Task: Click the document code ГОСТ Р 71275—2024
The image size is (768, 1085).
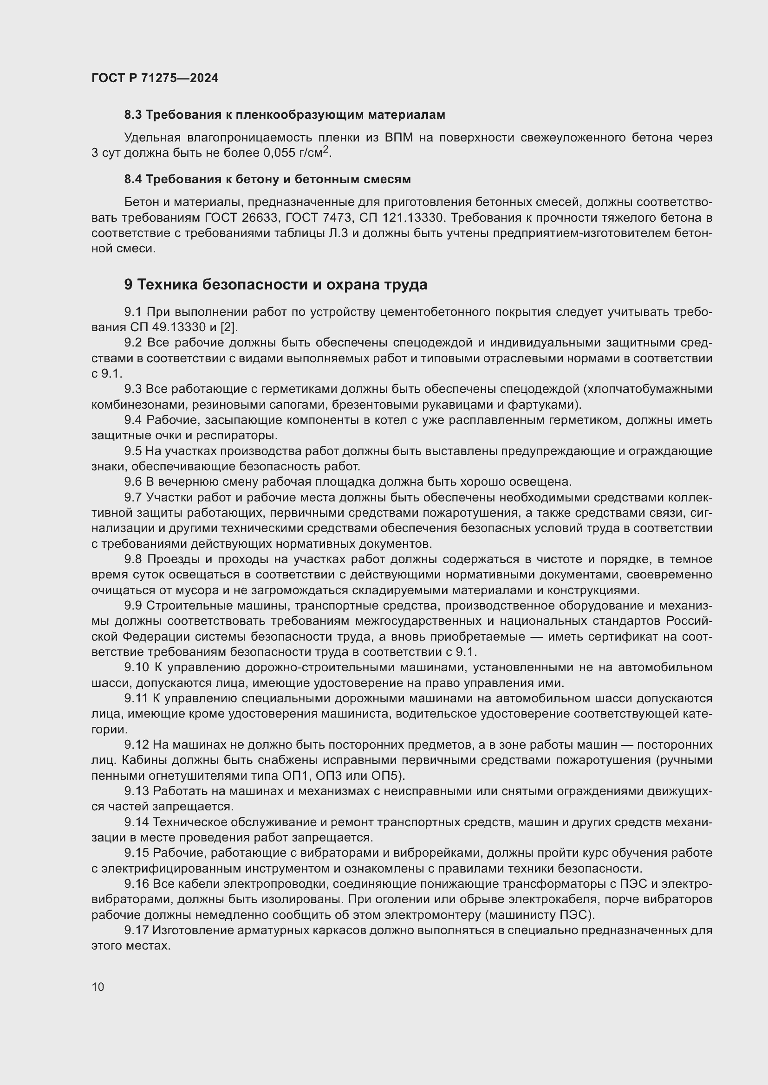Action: point(155,78)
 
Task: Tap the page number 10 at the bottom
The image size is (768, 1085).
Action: point(98,987)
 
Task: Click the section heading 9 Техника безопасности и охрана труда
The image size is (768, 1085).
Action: point(276,284)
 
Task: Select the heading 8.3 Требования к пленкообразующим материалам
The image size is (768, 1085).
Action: point(285,115)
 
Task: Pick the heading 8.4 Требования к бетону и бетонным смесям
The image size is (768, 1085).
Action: point(267,180)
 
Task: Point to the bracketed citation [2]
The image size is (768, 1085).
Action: point(229,327)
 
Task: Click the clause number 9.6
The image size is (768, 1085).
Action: point(133,482)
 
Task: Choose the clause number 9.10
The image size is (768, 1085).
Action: point(136,668)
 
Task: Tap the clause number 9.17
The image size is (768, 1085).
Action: point(136,931)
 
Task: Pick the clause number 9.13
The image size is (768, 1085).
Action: point(136,791)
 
